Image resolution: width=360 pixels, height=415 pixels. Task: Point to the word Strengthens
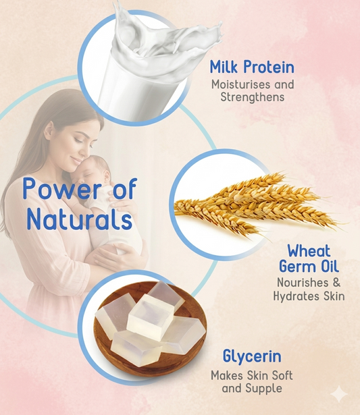pyautogui.click(x=253, y=97)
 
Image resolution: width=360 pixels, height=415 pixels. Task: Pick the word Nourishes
pyautogui.click(x=299, y=283)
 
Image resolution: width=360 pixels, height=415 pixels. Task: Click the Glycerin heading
pyautogui.click(x=251, y=356)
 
